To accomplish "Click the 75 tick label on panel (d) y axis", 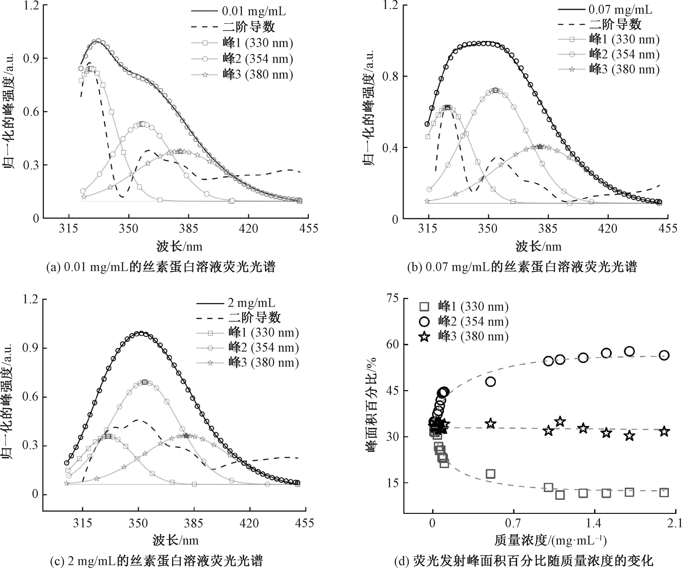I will click(392, 298).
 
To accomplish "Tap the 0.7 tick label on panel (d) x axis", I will click(513, 523).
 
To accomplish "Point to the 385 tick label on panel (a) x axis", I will click(188, 228).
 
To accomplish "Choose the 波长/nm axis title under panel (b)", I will click(538, 246).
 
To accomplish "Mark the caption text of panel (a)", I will click(161, 267).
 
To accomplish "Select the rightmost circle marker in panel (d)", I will click(664, 355).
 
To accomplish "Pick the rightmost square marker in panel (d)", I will click(664, 492).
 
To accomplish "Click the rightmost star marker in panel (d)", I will click(664, 431).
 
